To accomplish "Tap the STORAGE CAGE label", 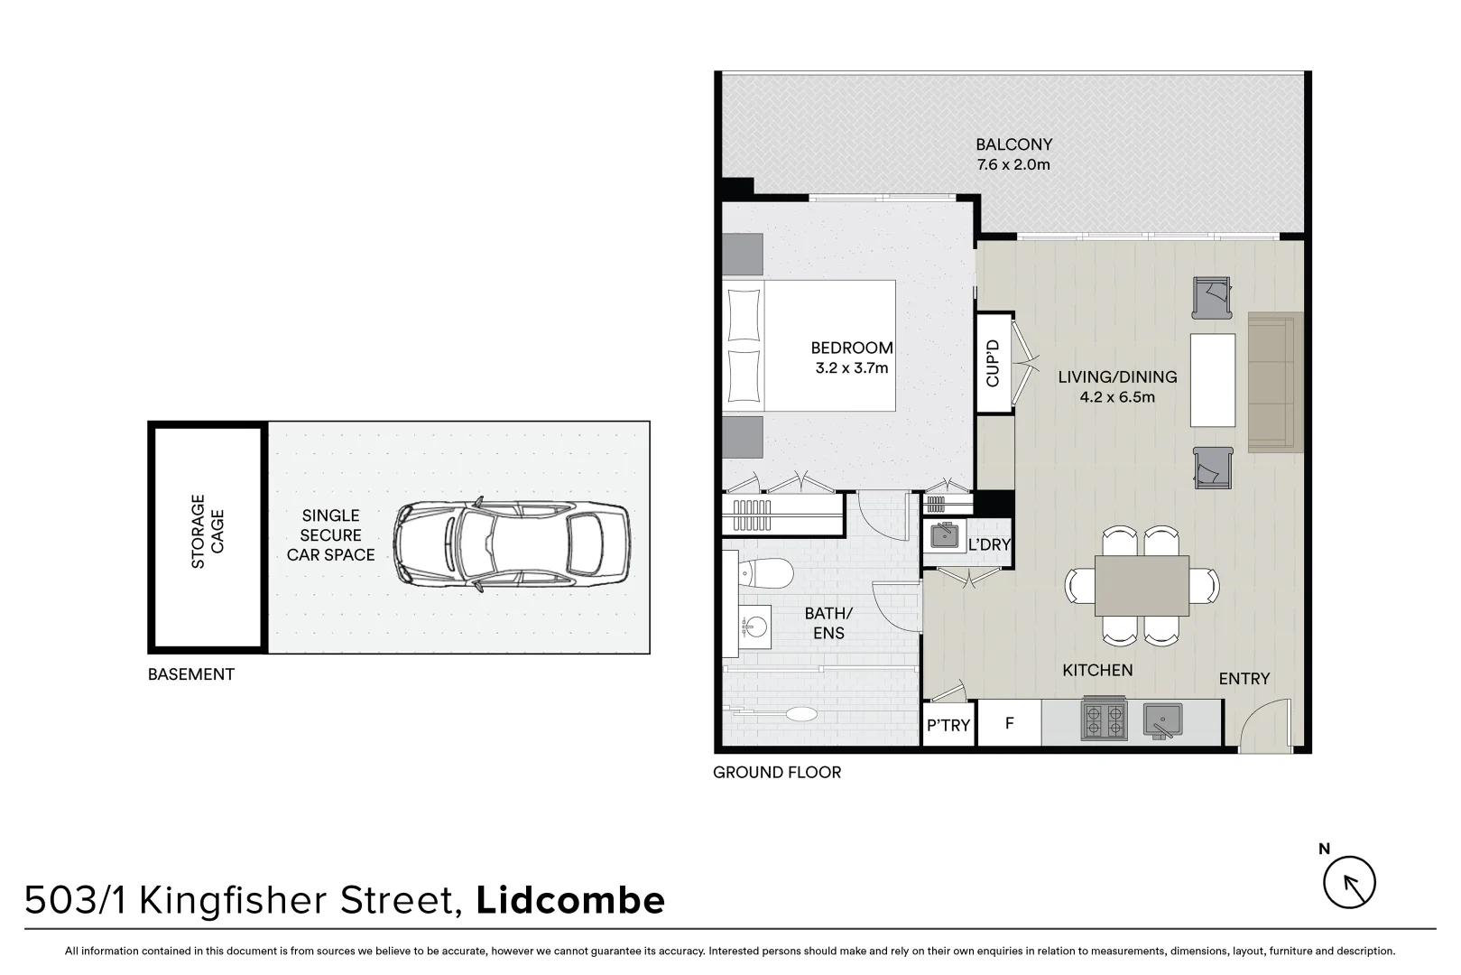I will click(208, 532).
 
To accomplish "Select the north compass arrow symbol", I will click(1349, 881).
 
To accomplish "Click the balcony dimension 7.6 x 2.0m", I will click(1013, 165).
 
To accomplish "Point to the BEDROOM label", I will click(851, 348).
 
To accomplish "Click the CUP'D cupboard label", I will click(994, 363).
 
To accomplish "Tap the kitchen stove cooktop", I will click(1104, 721).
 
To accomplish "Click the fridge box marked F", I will click(1009, 723).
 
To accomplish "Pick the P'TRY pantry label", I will click(948, 725).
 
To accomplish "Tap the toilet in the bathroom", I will click(766, 571).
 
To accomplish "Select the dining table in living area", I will click(1142, 585).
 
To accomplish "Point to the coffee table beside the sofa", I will click(1212, 380).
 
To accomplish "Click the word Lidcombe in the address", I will click(569, 900).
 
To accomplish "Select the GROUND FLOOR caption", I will click(776, 773).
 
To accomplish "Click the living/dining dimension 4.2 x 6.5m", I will click(1117, 397).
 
